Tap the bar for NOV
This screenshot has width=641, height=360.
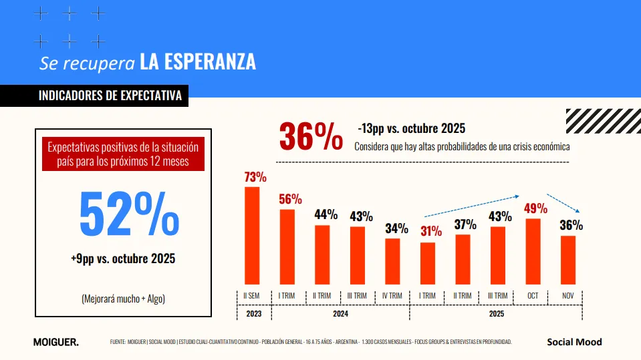[567, 260]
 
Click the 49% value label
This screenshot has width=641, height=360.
[535, 208]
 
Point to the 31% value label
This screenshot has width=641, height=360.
[430, 232]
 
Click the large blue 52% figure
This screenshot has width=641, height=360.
[129, 214]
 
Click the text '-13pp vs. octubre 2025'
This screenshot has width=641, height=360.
[411, 128]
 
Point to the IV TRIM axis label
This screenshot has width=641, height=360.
[393, 296]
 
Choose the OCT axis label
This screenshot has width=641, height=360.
[533, 296]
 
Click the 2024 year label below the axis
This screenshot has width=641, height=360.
[340, 313]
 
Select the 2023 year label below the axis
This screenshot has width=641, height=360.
[253, 313]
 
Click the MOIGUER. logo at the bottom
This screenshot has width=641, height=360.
[55, 343]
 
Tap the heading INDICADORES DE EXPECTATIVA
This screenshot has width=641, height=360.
[110, 96]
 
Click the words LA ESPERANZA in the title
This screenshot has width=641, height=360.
[198, 62]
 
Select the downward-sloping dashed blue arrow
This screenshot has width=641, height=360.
[562, 203]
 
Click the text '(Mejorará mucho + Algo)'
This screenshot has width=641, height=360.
[123, 299]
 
